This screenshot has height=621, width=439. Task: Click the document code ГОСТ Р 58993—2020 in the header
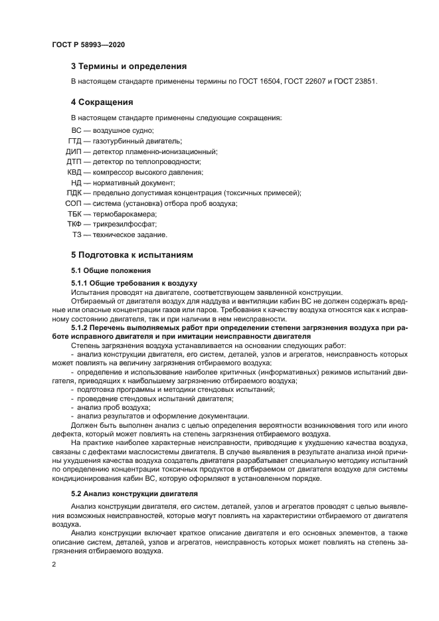click(x=88, y=44)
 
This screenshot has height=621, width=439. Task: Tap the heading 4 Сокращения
click(x=102, y=102)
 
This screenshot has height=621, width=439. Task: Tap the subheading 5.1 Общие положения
click(x=111, y=270)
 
